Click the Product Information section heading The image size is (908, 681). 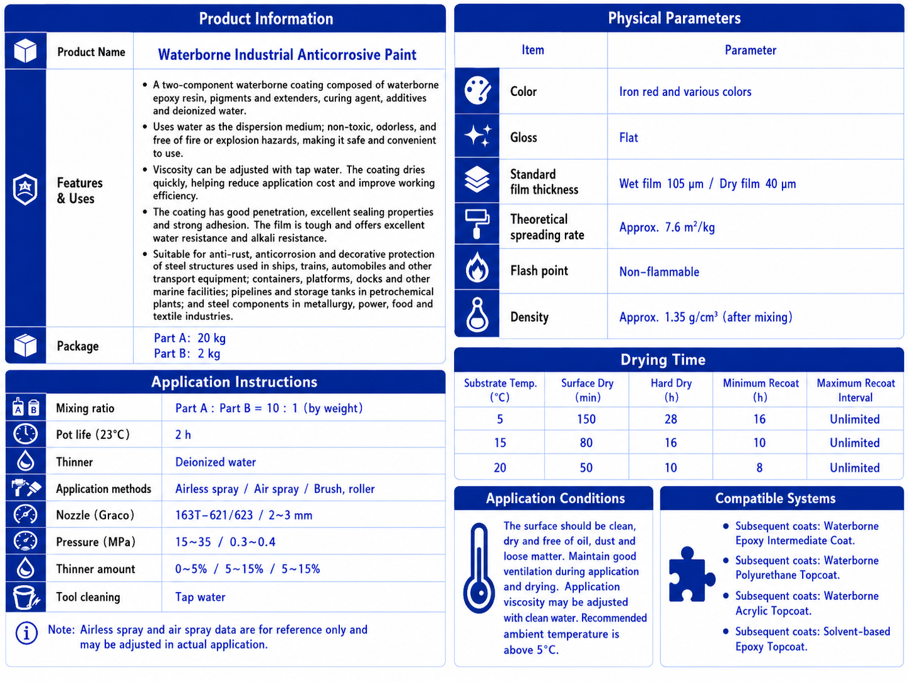click(x=266, y=19)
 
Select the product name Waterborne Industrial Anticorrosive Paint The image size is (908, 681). click(x=287, y=55)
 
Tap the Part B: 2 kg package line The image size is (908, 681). click(x=187, y=354)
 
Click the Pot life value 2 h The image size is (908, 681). click(x=183, y=435)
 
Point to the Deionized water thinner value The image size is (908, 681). click(x=216, y=462)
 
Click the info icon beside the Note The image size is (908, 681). click(x=26, y=633)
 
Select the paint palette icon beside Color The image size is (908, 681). click(x=477, y=90)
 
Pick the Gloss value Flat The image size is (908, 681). click(x=628, y=137)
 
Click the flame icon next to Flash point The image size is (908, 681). click(x=477, y=268)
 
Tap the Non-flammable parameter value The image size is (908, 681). click(x=659, y=272)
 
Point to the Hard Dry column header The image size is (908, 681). click(x=671, y=390)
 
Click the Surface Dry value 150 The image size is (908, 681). click(x=586, y=420)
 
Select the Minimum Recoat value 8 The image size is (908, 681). click(x=759, y=468)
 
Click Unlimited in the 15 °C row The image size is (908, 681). click(x=855, y=443)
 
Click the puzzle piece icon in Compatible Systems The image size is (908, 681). click(x=692, y=574)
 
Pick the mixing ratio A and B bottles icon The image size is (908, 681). click(x=25, y=407)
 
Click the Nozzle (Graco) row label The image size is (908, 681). click(x=95, y=515)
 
